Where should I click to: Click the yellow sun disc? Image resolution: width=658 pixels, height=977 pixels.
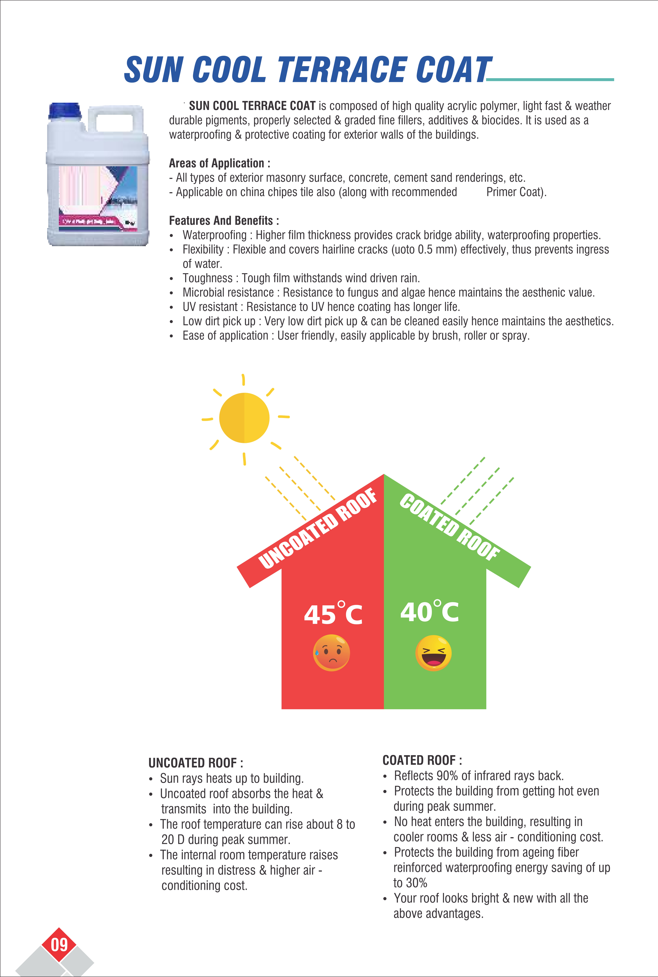[244, 418]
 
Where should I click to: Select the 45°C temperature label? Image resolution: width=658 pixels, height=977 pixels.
[333, 614]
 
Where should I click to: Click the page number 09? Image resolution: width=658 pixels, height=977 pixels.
[59, 945]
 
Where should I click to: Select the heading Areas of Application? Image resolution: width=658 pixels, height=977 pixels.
[219, 163]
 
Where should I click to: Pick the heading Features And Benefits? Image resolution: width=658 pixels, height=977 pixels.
[224, 220]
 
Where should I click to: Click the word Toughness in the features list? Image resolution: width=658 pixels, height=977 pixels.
[207, 278]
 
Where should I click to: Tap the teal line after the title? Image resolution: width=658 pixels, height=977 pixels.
[550, 79]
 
